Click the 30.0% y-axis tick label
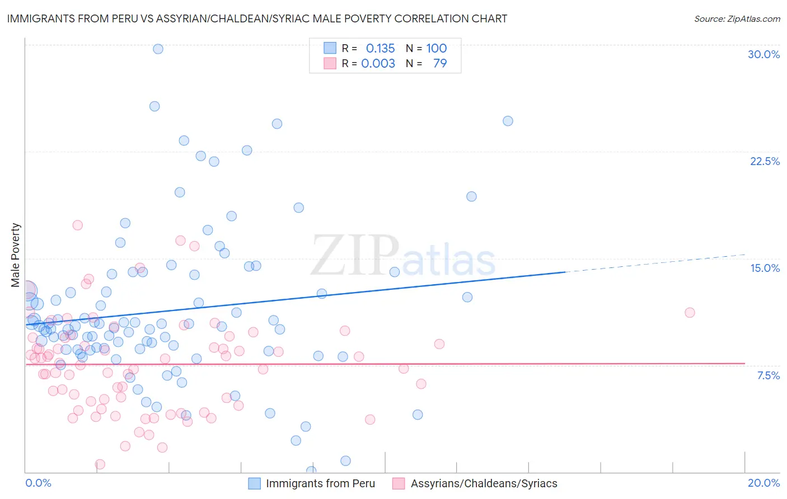tap(763, 54)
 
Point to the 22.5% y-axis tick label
tap(765, 161)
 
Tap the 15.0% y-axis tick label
tap(765, 268)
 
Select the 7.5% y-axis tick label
tap(768, 375)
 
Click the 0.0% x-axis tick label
tap(38, 483)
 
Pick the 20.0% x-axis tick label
tap(763, 483)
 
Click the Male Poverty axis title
tap(15, 255)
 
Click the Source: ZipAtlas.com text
tap(737, 18)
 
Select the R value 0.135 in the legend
tap(380, 49)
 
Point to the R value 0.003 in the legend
tap(378, 64)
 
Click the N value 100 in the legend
tap(436, 49)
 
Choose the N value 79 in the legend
tap(440, 64)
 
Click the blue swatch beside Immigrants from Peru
tap(255, 483)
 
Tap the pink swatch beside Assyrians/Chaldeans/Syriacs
tap(399, 483)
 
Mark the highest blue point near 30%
tap(158, 49)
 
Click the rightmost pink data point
tap(690, 313)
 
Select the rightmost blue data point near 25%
tap(508, 121)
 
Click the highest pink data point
tap(78, 225)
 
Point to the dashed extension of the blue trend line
tap(655, 263)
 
